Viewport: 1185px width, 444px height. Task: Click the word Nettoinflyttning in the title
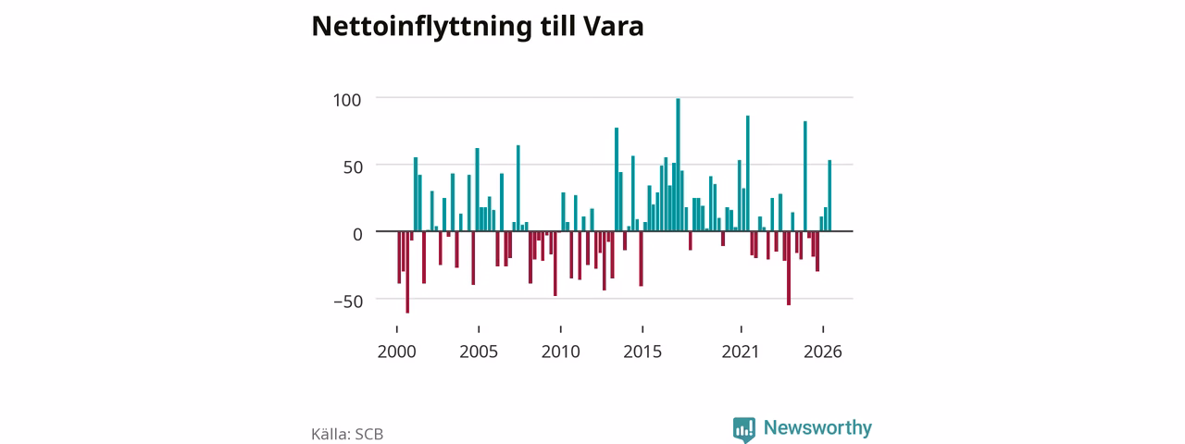pyautogui.click(x=421, y=27)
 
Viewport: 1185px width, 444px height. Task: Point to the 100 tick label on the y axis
pyautogui.click(x=347, y=100)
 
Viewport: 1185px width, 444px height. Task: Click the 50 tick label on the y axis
pyautogui.click(x=353, y=167)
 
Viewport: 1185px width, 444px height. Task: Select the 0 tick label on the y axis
pyautogui.click(x=357, y=234)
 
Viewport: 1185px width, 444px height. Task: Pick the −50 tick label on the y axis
pyautogui.click(x=348, y=302)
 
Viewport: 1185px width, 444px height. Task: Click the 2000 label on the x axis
pyautogui.click(x=397, y=351)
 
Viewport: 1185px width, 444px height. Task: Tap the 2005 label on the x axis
pyautogui.click(x=479, y=351)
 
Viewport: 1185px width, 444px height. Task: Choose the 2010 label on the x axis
pyautogui.click(x=561, y=351)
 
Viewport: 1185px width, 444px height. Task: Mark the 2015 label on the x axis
pyautogui.click(x=642, y=351)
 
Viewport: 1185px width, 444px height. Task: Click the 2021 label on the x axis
pyautogui.click(x=741, y=351)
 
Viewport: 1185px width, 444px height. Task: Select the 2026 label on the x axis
pyautogui.click(x=823, y=351)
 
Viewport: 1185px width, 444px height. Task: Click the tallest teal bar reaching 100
pyautogui.click(x=679, y=165)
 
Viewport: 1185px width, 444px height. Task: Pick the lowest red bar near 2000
pyautogui.click(x=407, y=272)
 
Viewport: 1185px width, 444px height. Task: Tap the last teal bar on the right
pyautogui.click(x=829, y=195)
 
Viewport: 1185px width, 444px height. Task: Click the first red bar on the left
pyautogui.click(x=399, y=257)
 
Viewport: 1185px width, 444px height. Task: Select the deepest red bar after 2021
pyautogui.click(x=789, y=268)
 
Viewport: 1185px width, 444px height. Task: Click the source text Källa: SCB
pyautogui.click(x=347, y=434)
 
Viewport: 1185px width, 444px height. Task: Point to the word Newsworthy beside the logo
pyautogui.click(x=817, y=427)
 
